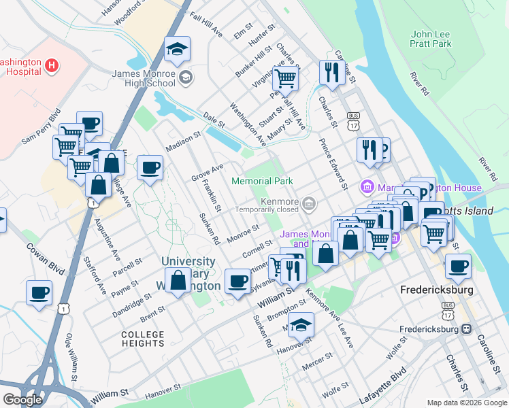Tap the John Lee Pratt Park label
431,39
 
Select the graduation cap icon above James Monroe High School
177,49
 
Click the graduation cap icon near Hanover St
301,326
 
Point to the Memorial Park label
262,181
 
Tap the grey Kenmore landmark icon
309,203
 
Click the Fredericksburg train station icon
466,328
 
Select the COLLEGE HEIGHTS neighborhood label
143,339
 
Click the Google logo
22,399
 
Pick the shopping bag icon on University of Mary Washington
178,281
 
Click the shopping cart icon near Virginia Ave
285,78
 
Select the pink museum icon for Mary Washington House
367,186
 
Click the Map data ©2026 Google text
466,403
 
